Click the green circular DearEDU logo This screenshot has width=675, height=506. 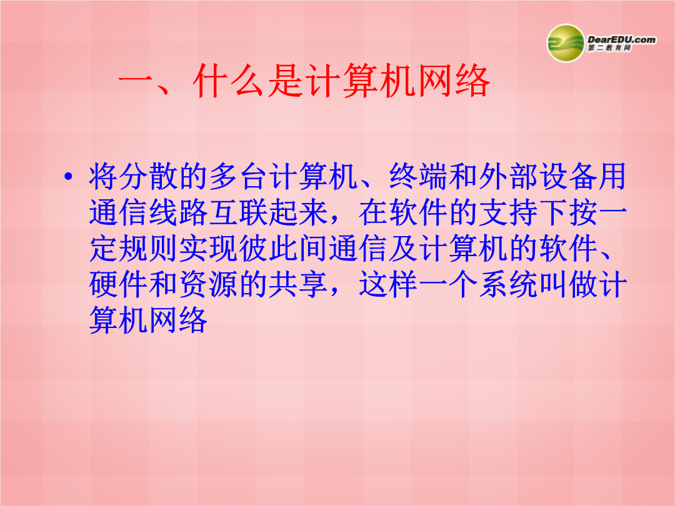[x=565, y=43]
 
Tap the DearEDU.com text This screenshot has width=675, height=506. [x=621, y=39]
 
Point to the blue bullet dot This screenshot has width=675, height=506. [x=68, y=176]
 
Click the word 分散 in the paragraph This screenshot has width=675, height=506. [x=134, y=176]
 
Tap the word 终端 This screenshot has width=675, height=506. [x=419, y=176]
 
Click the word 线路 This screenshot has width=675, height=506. [x=179, y=212]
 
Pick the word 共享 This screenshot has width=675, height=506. [x=299, y=284]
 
